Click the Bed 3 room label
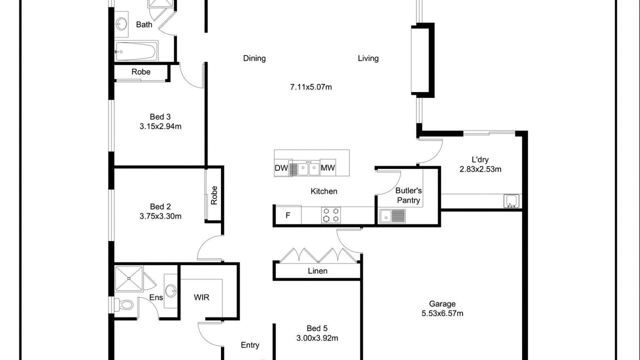point(160,116)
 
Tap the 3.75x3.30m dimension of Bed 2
point(160,216)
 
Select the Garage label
point(442,303)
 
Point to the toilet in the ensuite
point(123,304)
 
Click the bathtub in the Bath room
point(136,51)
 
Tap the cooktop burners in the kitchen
point(331,215)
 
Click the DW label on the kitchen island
point(281,168)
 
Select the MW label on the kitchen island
point(327,167)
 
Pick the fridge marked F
point(288,215)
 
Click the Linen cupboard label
point(317,270)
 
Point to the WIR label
point(201,297)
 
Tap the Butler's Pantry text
point(408,195)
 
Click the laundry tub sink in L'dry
point(511,201)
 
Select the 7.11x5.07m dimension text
point(311,87)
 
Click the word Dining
point(254,58)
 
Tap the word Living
point(368,58)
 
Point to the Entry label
point(250,345)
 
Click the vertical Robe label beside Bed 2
point(214,195)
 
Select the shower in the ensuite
point(128,278)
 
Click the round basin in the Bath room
point(121,23)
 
